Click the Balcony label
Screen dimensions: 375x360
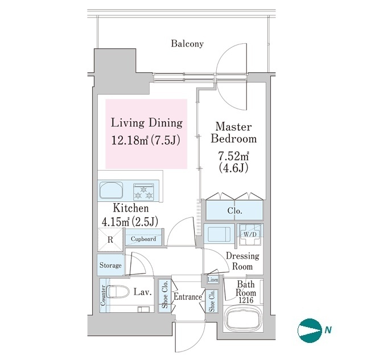click(187, 44)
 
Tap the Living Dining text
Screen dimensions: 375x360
click(147, 123)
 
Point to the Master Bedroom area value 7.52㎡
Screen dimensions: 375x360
click(233, 156)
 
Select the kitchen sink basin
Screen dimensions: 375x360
click(111, 190)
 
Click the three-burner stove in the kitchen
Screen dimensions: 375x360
click(143, 192)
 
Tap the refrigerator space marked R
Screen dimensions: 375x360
click(110, 239)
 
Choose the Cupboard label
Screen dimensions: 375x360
click(143, 239)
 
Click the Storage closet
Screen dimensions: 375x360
click(110, 265)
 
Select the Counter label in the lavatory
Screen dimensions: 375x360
click(103, 295)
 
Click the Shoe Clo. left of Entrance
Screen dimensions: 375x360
click(165, 295)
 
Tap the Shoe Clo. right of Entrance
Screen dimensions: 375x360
click(212, 301)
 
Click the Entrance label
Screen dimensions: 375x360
click(188, 297)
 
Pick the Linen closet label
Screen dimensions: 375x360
click(213, 279)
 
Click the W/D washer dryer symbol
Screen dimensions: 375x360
click(250, 234)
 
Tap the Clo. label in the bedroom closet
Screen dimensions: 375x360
click(234, 211)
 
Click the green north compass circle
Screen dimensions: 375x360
click(310, 330)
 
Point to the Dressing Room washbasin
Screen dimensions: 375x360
click(219, 234)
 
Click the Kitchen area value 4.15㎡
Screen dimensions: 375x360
click(116, 222)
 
